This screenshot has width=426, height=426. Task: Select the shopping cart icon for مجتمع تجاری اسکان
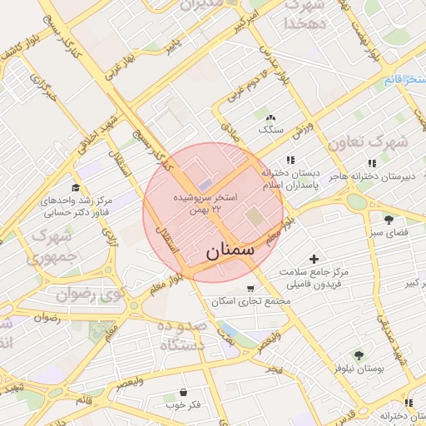pyautogui.click(x=250, y=289)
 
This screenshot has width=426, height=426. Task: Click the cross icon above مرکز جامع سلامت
pyautogui.click(x=314, y=260)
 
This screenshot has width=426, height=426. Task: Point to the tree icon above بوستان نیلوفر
pyautogui.click(x=359, y=354)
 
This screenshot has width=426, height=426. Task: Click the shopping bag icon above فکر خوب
pyautogui.click(x=182, y=391)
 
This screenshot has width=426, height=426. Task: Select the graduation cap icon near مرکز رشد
pyautogui.click(x=76, y=188)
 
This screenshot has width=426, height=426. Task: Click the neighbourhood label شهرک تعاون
pyautogui.click(x=367, y=142)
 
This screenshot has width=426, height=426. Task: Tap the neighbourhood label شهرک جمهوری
pyautogui.click(x=52, y=247)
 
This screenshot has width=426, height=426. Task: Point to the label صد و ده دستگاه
pyautogui.click(x=180, y=334)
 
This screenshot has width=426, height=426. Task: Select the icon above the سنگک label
pyautogui.click(x=270, y=116)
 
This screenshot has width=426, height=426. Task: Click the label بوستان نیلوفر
pyautogui.click(x=359, y=367)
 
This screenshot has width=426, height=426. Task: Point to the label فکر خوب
pyautogui.click(x=183, y=404)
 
